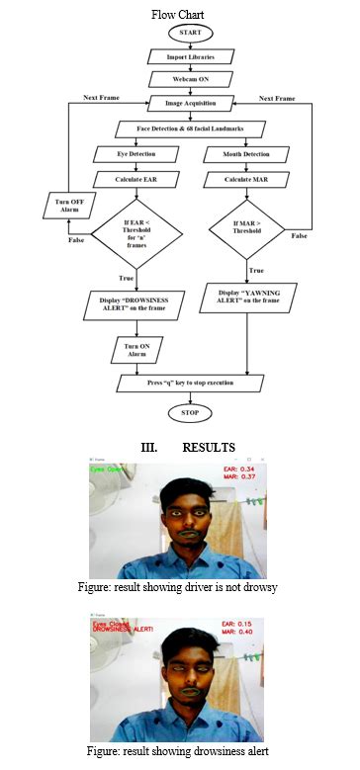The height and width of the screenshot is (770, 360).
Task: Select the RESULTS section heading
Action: pyautogui.click(x=178, y=447)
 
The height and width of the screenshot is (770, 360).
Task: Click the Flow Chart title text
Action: pyautogui.click(x=179, y=14)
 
